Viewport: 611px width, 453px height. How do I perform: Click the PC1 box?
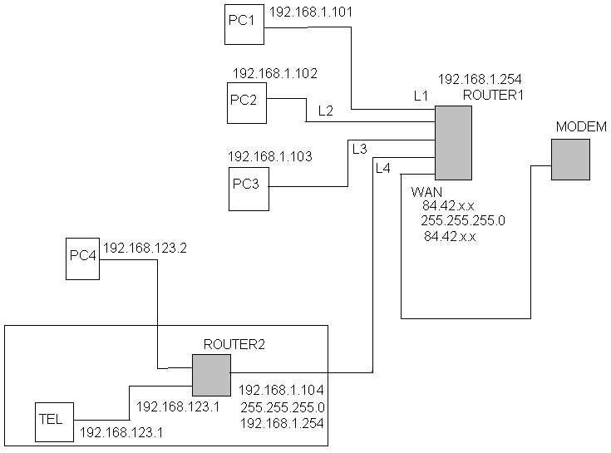(244, 24)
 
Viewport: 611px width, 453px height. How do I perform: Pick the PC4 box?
(83, 259)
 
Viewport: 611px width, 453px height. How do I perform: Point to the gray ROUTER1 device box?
(453, 143)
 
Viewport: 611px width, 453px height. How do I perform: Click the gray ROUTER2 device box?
(210, 375)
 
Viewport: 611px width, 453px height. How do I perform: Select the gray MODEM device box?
(569, 159)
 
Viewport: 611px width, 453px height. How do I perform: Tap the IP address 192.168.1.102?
(274, 73)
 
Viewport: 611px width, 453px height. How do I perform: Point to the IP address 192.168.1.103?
(269, 155)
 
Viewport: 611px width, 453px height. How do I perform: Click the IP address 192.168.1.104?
(282, 389)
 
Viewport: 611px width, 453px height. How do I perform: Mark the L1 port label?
(421, 96)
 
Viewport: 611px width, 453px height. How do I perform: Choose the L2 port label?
(326, 110)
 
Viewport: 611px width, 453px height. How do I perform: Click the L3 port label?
(359, 149)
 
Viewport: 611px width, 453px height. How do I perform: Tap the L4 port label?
(382, 168)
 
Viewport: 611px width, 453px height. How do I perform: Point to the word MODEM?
(581, 126)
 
